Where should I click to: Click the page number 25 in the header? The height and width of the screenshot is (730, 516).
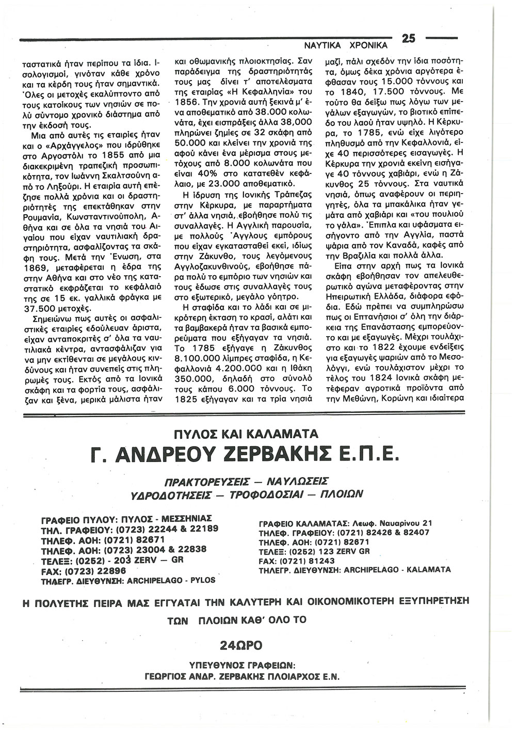click(x=409, y=39)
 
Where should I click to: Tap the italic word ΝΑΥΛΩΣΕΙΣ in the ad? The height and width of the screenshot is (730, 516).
click(x=297, y=482)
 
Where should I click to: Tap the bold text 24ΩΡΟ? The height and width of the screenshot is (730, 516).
click(x=241, y=644)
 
